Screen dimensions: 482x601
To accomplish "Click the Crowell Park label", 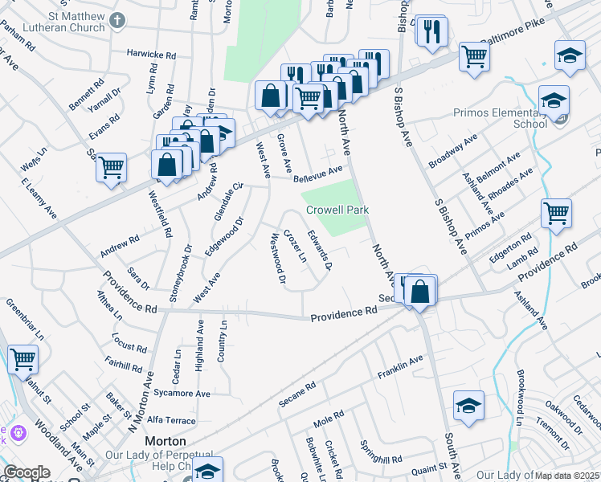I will [x=337, y=210].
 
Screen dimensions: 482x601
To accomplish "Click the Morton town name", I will [x=166, y=441].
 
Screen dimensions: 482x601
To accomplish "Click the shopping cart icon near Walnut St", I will [x=22, y=359].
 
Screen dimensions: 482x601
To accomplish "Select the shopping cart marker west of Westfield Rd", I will [x=111, y=168].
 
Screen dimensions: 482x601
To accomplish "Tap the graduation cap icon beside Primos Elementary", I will [x=554, y=100].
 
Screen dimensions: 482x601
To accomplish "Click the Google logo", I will [x=27, y=472].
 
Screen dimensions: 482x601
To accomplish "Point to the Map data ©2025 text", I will [x=567, y=475].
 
